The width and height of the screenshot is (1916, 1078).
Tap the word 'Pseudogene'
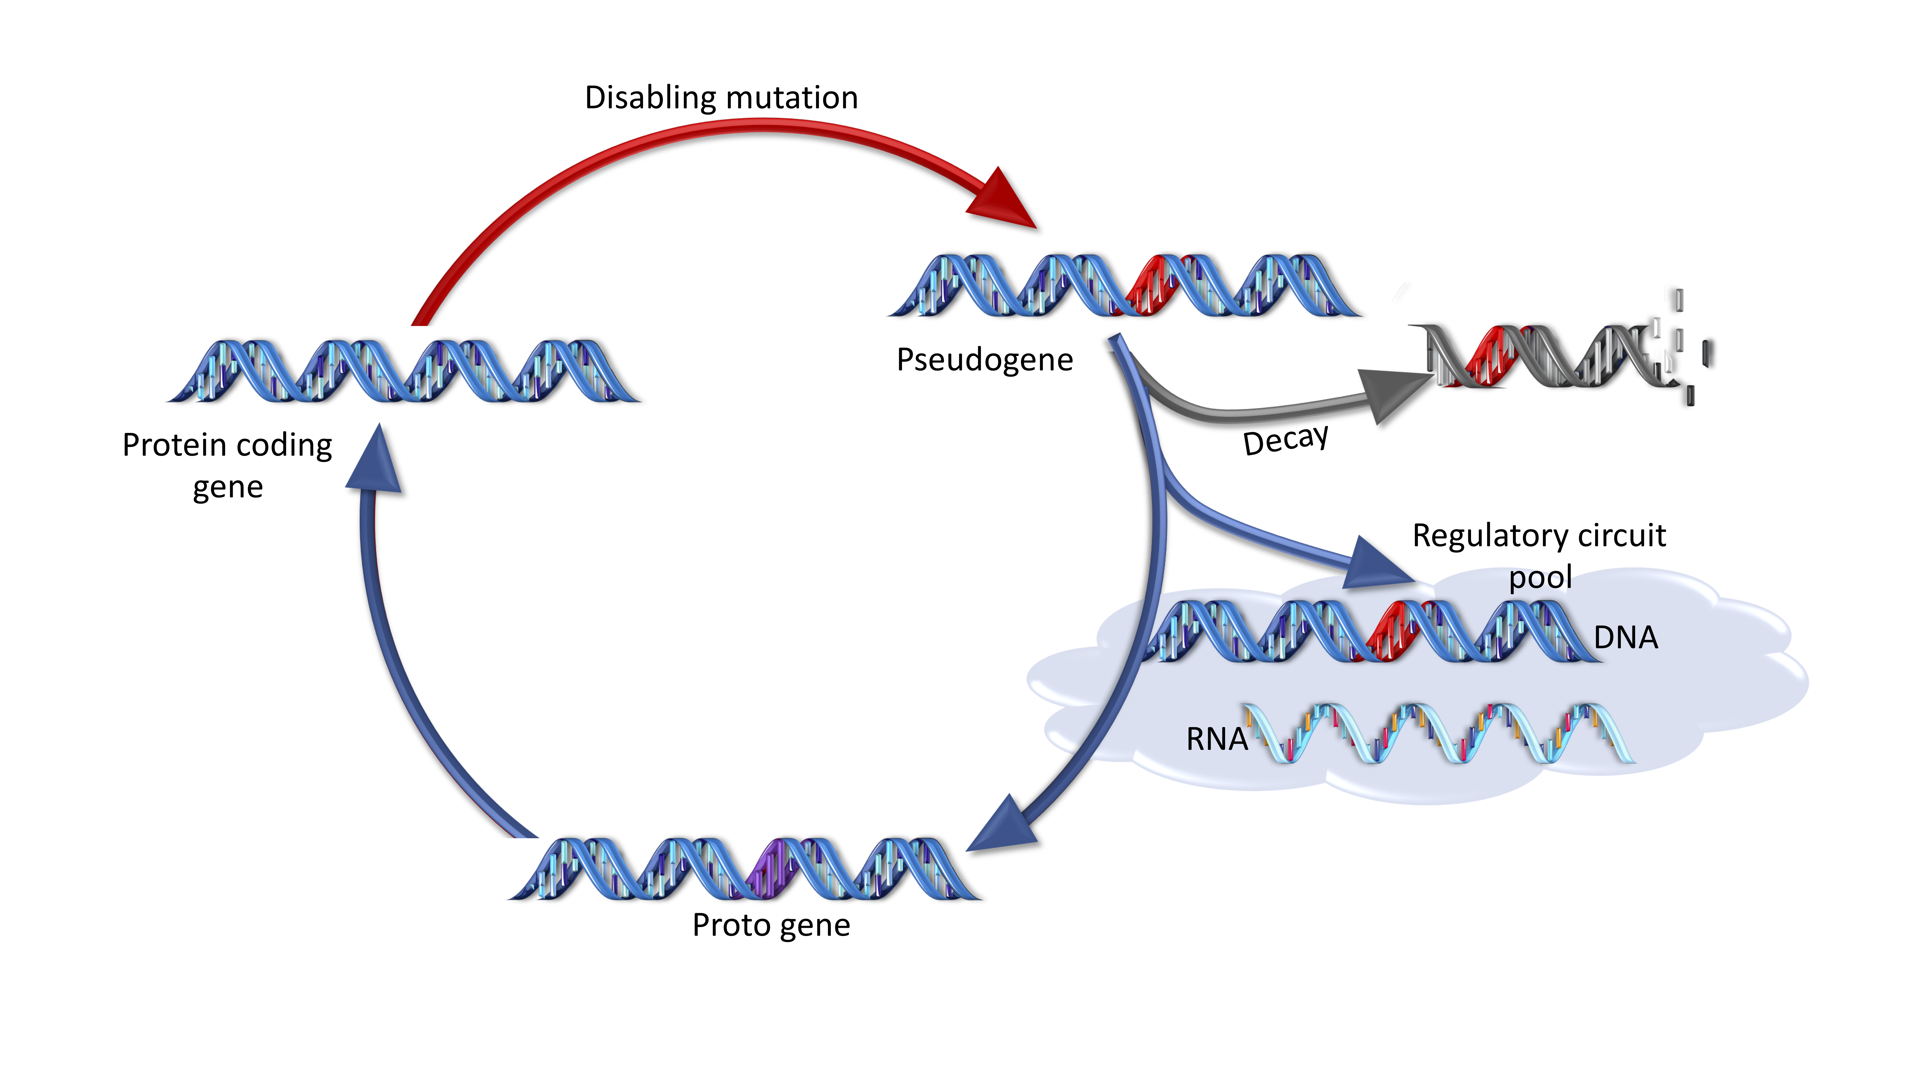[x=984, y=360]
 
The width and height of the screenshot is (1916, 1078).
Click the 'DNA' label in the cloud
[x=1625, y=637]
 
